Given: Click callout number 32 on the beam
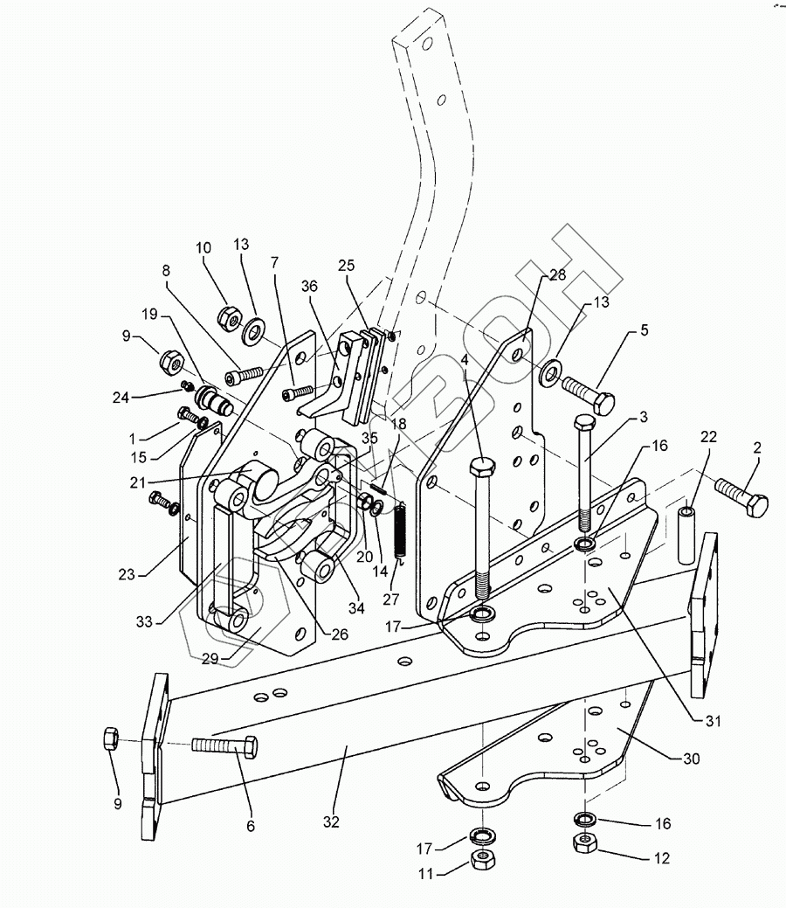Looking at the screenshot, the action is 331,821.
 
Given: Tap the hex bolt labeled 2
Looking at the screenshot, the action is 741,497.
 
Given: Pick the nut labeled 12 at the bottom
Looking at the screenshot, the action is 584,842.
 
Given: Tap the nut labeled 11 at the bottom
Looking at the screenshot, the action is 482,859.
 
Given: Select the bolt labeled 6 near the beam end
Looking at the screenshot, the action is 224,745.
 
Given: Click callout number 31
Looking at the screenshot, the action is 713,720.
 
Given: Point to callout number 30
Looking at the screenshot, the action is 692,758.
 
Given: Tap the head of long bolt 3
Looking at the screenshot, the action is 585,423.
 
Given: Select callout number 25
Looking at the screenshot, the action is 346,265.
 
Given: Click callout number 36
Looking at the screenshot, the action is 310,286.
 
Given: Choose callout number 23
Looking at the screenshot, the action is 127,574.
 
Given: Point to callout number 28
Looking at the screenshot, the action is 557,274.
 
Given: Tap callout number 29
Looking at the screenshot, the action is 210,658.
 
